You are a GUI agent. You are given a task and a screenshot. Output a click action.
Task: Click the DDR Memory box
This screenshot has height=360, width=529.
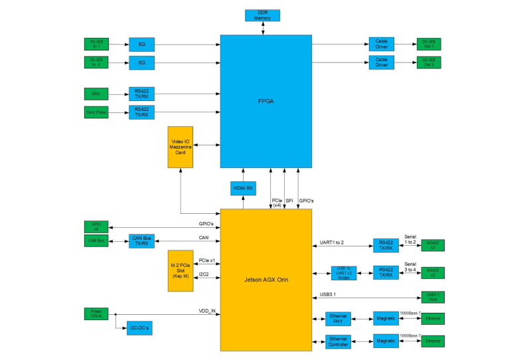[262, 15]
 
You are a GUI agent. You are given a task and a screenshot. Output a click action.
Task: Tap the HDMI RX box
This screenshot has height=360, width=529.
[243, 189]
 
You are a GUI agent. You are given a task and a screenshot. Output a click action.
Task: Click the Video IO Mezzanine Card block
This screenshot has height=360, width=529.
[180, 146]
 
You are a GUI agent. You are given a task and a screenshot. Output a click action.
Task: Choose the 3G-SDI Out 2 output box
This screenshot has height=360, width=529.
[428, 62]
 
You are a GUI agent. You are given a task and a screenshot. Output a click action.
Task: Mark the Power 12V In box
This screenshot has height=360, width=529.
[96, 313]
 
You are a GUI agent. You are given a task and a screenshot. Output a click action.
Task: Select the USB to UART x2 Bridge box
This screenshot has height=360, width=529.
[344, 272]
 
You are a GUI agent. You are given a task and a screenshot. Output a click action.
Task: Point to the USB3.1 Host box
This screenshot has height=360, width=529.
[432, 296]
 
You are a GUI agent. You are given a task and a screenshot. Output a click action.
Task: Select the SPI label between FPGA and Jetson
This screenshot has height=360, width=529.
[289, 201]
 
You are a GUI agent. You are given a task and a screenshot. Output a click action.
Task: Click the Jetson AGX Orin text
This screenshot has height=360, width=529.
[265, 280]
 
